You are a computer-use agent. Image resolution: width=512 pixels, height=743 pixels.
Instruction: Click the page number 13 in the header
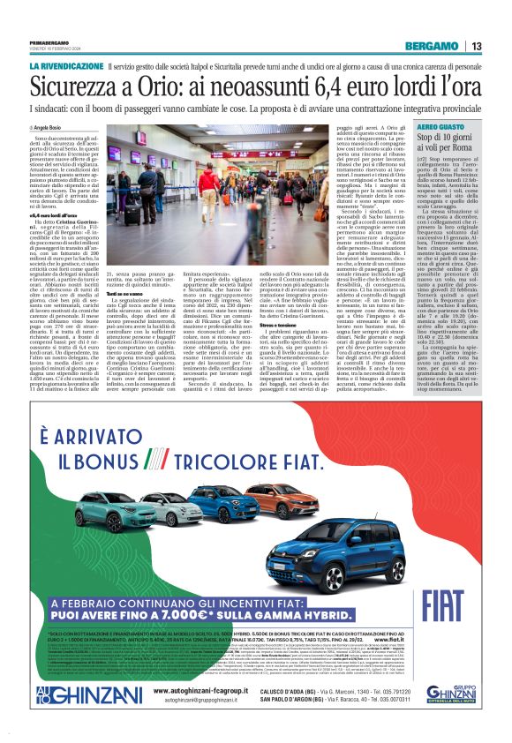(x=476, y=46)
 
